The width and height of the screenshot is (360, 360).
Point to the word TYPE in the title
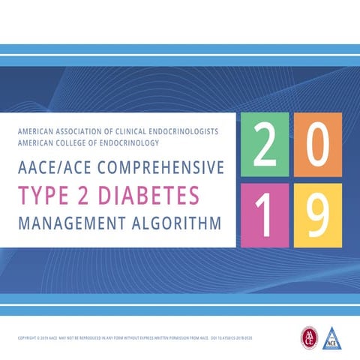(44, 194)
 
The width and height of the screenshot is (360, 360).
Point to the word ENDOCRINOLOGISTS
(185, 131)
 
